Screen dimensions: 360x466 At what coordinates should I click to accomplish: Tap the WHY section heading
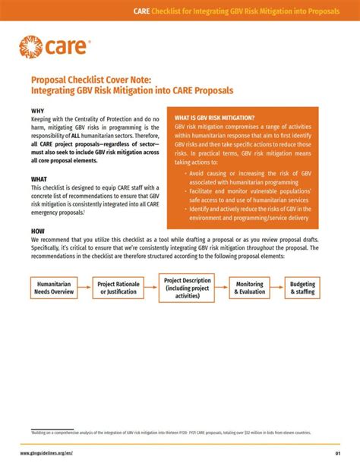point(38,111)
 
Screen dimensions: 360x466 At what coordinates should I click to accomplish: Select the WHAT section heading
point(39,180)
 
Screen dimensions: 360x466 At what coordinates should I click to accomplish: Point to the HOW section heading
point(38,231)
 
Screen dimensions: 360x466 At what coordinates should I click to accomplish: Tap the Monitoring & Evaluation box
point(250,288)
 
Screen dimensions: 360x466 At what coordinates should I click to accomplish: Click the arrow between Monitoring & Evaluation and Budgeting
point(277,288)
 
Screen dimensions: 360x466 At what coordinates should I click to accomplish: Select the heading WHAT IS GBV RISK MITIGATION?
point(215,118)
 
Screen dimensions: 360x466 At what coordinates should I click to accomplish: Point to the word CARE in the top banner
point(141,11)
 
